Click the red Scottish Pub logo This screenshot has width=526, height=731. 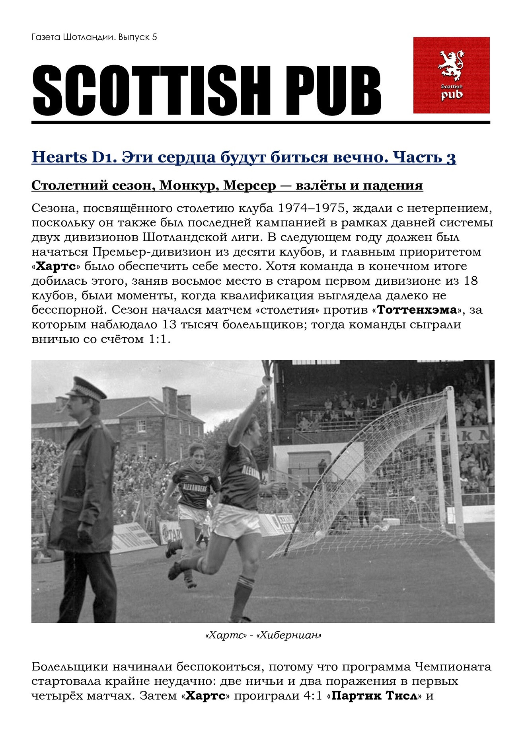click(x=451, y=75)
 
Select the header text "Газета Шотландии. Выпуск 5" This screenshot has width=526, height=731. click(x=94, y=37)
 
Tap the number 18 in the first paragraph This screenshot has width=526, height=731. click(x=471, y=281)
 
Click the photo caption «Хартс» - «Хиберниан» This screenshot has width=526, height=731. click(x=263, y=635)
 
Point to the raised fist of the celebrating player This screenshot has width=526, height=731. click(x=261, y=392)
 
